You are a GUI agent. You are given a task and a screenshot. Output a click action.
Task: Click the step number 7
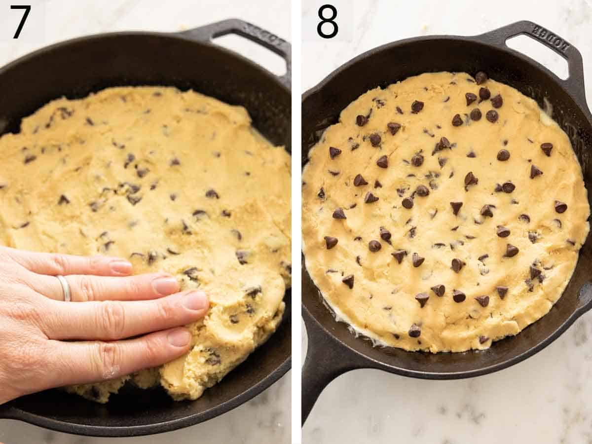[20, 22]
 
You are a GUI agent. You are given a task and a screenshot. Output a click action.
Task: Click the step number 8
[328, 22]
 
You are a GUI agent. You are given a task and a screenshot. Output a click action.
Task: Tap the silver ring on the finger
[64, 288]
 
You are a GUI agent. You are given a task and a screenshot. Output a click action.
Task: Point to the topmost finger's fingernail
[120, 267]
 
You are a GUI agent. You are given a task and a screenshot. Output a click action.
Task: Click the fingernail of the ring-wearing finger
[165, 285]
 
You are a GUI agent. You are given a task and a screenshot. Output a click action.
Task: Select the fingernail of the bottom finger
[179, 338]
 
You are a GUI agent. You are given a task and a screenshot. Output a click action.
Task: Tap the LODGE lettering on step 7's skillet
[259, 34]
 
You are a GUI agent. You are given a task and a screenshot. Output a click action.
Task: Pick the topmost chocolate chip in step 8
[481, 77]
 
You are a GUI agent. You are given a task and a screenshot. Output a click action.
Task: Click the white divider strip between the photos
[296, 222]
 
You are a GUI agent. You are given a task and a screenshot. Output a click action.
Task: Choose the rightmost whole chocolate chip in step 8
[560, 207]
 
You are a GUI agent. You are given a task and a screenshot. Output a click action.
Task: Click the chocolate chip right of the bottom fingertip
[212, 358]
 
